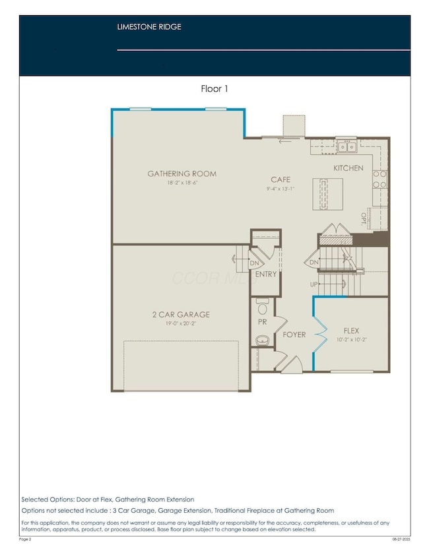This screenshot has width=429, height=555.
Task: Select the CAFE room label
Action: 281,180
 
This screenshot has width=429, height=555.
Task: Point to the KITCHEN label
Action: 348,168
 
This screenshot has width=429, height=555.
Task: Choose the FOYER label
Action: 294,335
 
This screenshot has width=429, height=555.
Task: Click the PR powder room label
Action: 262,322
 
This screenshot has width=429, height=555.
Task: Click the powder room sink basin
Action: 261,341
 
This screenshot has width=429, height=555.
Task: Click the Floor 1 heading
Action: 214,88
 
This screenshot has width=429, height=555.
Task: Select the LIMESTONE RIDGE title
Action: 149,27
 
